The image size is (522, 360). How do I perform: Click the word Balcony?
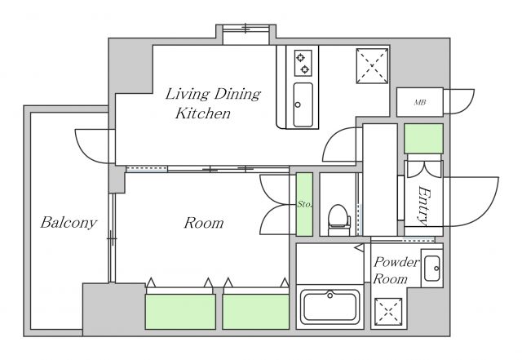click(69, 223)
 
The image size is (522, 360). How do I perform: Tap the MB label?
click(419, 103)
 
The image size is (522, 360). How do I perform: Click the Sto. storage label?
click(304, 204)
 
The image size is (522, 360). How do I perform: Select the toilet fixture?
click(339, 220)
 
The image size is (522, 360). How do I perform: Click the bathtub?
click(330, 307)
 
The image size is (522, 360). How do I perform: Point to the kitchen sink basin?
click(303, 104)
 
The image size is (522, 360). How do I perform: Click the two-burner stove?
click(303, 64)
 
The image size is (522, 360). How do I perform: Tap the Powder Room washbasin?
click(431, 269)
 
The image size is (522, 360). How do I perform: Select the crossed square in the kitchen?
click(372, 66)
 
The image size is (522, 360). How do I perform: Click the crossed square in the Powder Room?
click(388, 312)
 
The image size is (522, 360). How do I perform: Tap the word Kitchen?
click(203, 113)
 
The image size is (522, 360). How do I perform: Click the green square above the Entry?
click(423, 139)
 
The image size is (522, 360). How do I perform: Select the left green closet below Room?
click(180, 312)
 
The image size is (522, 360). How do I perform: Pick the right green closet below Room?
click(255, 312)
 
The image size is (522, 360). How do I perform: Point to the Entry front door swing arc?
click(489, 207)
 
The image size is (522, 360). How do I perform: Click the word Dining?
click(237, 95)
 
